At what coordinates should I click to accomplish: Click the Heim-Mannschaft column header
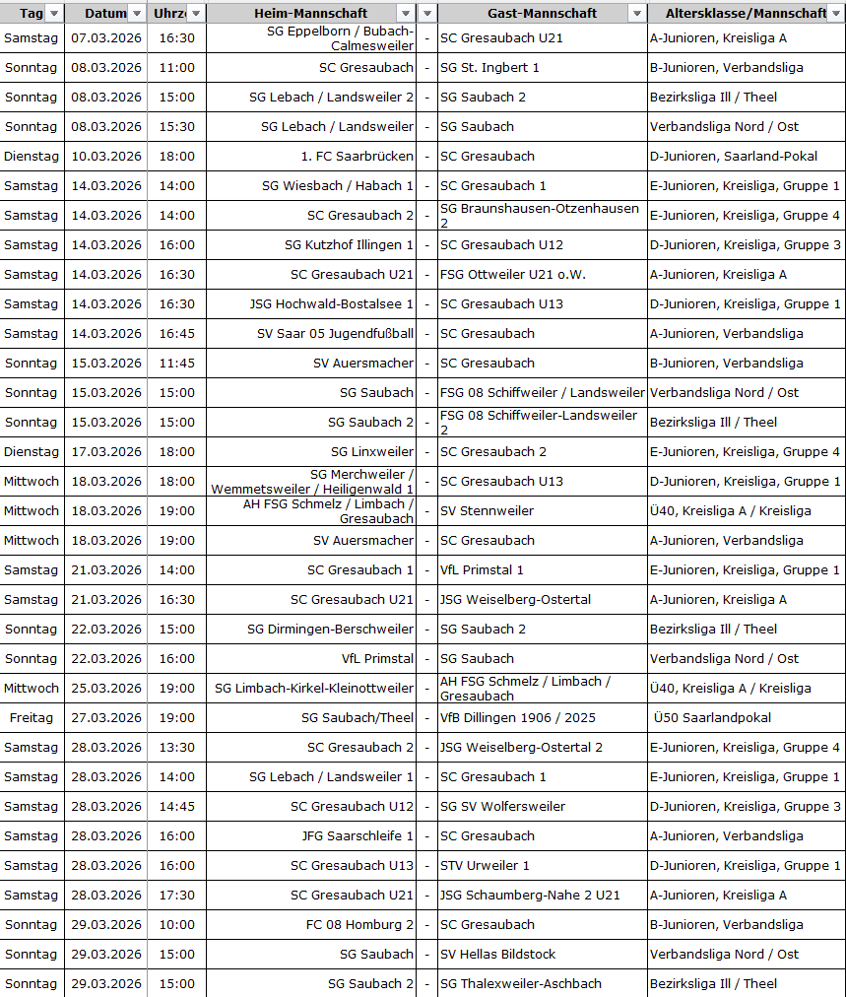coord(310,13)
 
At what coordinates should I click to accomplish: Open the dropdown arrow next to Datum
coord(137,14)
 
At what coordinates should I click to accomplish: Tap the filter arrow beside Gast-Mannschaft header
coord(637,14)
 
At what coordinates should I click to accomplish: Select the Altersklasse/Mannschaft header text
coord(746,13)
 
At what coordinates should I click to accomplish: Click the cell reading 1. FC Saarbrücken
coord(357,157)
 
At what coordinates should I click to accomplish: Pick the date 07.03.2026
coord(106,38)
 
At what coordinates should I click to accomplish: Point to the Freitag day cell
coord(32,718)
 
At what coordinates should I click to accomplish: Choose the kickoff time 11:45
coord(176,364)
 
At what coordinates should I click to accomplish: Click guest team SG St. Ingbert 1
coord(489,68)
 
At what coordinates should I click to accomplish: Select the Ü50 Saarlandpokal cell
coord(712,718)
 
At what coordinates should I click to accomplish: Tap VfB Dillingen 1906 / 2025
coord(517,718)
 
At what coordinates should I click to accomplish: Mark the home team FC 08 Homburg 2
coord(359,925)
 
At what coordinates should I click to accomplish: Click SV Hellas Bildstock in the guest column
coord(497,955)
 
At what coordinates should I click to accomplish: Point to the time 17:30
coord(176,896)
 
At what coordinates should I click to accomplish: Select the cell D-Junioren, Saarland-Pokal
coord(733,157)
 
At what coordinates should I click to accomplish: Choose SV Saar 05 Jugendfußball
coord(335,334)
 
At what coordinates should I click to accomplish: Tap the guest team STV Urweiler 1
coord(485,866)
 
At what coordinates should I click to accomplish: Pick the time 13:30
coord(176,748)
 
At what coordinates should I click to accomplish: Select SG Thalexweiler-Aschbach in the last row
coord(520,984)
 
